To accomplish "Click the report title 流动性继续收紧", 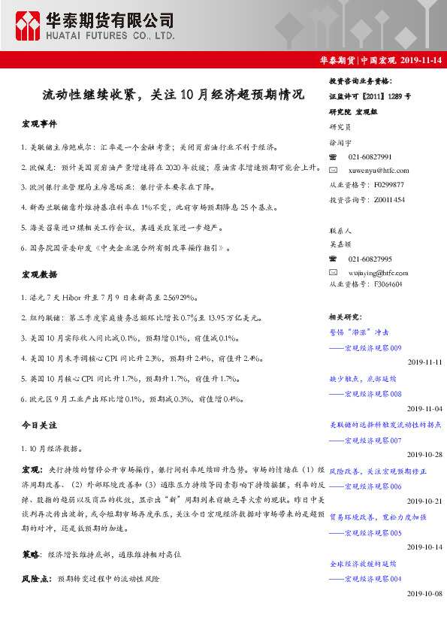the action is pos(173,95).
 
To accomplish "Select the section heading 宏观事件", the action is pos(40,123).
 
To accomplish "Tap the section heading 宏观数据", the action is pos(40,274).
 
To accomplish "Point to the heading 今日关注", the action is pos(40,426).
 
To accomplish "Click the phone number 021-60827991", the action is pos(370,156).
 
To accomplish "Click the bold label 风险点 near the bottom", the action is pos(35,580).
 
